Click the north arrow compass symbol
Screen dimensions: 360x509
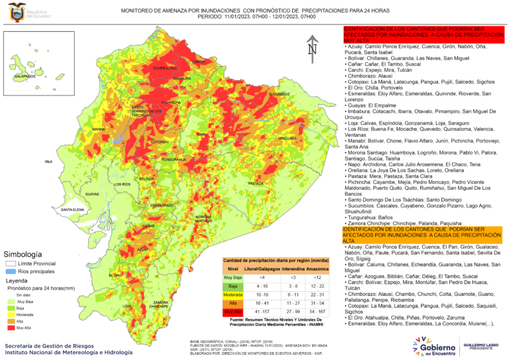point(313,47)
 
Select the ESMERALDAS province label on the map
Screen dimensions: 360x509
point(164,68)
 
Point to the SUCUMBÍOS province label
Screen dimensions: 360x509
point(279,94)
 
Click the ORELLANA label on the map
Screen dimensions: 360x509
point(287,138)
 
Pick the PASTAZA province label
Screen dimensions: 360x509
point(256,183)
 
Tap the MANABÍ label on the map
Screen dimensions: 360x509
point(99,129)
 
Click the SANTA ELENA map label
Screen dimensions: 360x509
point(72,210)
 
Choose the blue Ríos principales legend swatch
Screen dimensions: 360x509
point(11,271)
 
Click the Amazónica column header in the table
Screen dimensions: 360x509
point(320,268)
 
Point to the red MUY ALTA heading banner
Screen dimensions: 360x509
point(424,37)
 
